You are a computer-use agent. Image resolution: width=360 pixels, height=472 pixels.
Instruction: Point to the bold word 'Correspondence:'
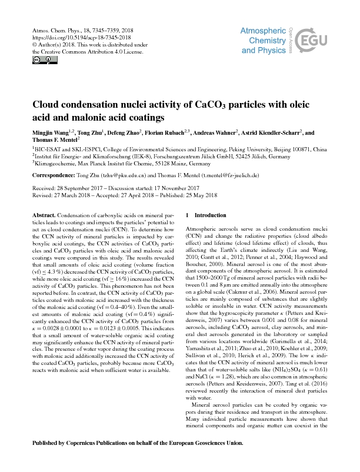click(x=57, y=175)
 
